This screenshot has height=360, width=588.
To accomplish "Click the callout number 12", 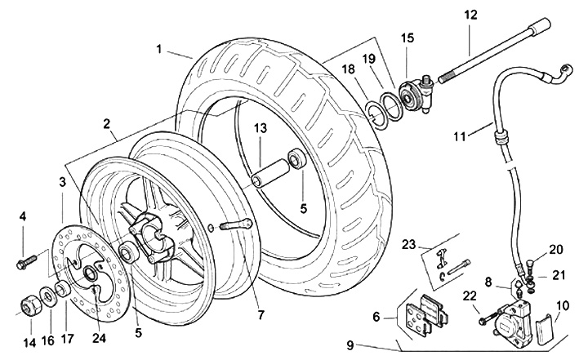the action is coord(470,15).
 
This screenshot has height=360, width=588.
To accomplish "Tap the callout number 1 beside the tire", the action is coord(159,49).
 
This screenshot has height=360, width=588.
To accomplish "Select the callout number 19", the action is coord(369,59).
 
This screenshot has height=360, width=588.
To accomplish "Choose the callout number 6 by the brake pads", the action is coord(376,318).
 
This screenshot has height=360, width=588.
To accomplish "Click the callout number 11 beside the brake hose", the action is coord(459,136).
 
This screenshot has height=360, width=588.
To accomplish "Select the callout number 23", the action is coord(408,245).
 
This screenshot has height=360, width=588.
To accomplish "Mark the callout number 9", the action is coord(350,345).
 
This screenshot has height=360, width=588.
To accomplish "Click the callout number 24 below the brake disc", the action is coord(99,338).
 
